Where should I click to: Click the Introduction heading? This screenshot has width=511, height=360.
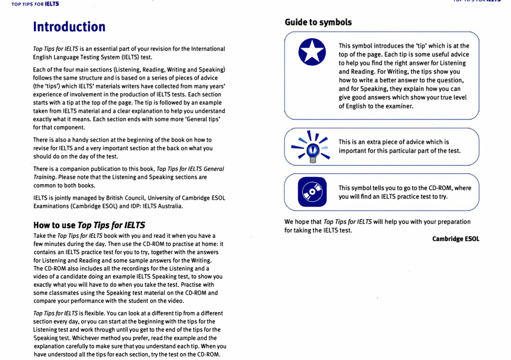tap(69, 27)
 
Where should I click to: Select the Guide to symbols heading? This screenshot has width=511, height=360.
tap(318, 22)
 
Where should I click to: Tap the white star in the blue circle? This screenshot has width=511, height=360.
tap(312, 52)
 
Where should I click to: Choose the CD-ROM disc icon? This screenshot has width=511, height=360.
tap(312, 192)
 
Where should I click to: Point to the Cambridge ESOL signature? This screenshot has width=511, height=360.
tap(455, 239)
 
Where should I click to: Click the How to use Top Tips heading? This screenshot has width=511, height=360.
tap(89, 225)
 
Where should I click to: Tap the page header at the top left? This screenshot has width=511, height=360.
tap(35, 4)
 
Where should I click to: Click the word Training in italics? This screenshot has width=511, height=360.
tap(44, 177)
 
